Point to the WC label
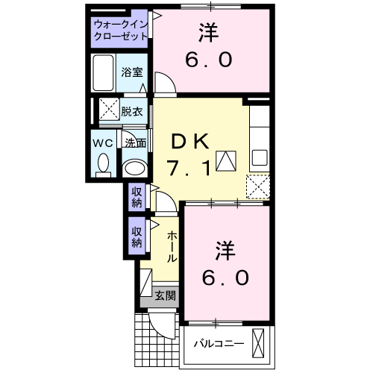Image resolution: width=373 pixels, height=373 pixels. pyautogui.click(x=102, y=142)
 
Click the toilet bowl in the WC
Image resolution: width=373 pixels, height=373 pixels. pyautogui.click(x=103, y=162)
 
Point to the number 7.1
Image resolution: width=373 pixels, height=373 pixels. pyautogui.click(x=186, y=168)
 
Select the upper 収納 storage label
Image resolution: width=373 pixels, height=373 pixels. pyautogui.click(x=137, y=196)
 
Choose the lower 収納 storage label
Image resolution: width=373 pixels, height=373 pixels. pyautogui.click(x=137, y=237)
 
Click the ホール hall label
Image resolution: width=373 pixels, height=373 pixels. pyautogui.click(x=172, y=246)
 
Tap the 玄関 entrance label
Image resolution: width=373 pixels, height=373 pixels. pyautogui.click(x=165, y=295)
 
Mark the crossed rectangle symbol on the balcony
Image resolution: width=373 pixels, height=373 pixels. pyautogui.click(x=259, y=343)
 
